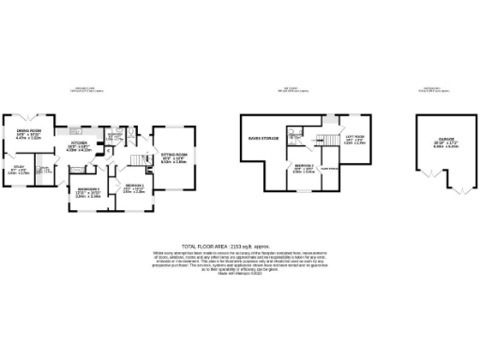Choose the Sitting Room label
174,155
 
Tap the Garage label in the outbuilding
435,141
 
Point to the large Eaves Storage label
262,137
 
